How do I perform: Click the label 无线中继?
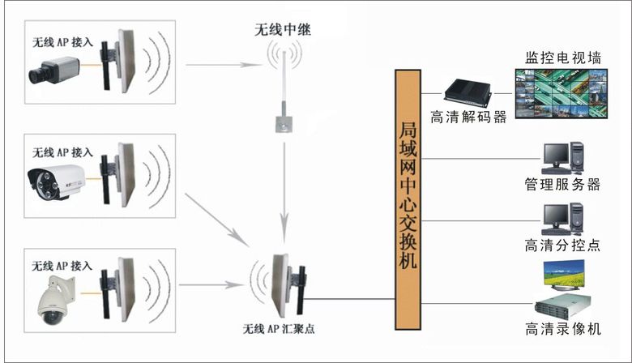click(x=282, y=30)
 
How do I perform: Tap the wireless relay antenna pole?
click(x=284, y=89)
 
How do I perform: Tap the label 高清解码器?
click(x=468, y=117)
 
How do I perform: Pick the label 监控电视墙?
click(x=562, y=58)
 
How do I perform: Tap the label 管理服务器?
click(x=562, y=185)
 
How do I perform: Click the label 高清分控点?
click(x=562, y=246)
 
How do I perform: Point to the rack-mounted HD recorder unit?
click(x=562, y=307)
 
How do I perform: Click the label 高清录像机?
click(x=562, y=329)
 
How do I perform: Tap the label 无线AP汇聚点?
click(x=280, y=329)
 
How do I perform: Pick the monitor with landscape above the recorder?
click(x=564, y=275)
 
